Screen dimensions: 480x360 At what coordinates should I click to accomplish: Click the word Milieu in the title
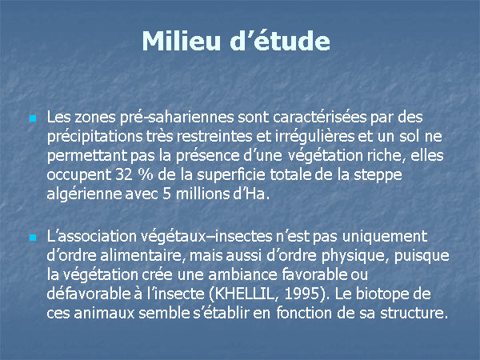(x=182, y=41)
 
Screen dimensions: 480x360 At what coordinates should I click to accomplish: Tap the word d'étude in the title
(x=280, y=41)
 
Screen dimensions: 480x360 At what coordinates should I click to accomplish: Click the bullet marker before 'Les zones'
(x=33, y=118)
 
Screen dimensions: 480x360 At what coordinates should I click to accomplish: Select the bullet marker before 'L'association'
(x=33, y=238)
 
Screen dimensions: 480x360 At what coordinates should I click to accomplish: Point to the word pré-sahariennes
(x=177, y=118)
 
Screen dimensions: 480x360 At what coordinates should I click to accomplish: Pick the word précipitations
(x=95, y=137)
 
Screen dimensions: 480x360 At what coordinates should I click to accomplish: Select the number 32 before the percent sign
(x=124, y=174)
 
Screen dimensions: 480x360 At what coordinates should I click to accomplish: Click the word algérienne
(x=84, y=194)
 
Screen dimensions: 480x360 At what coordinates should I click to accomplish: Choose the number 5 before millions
(x=166, y=194)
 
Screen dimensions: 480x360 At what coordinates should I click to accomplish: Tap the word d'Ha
(x=251, y=194)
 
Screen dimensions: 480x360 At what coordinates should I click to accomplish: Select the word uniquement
(x=385, y=237)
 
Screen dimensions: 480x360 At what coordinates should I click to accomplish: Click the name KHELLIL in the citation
(x=244, y=294)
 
